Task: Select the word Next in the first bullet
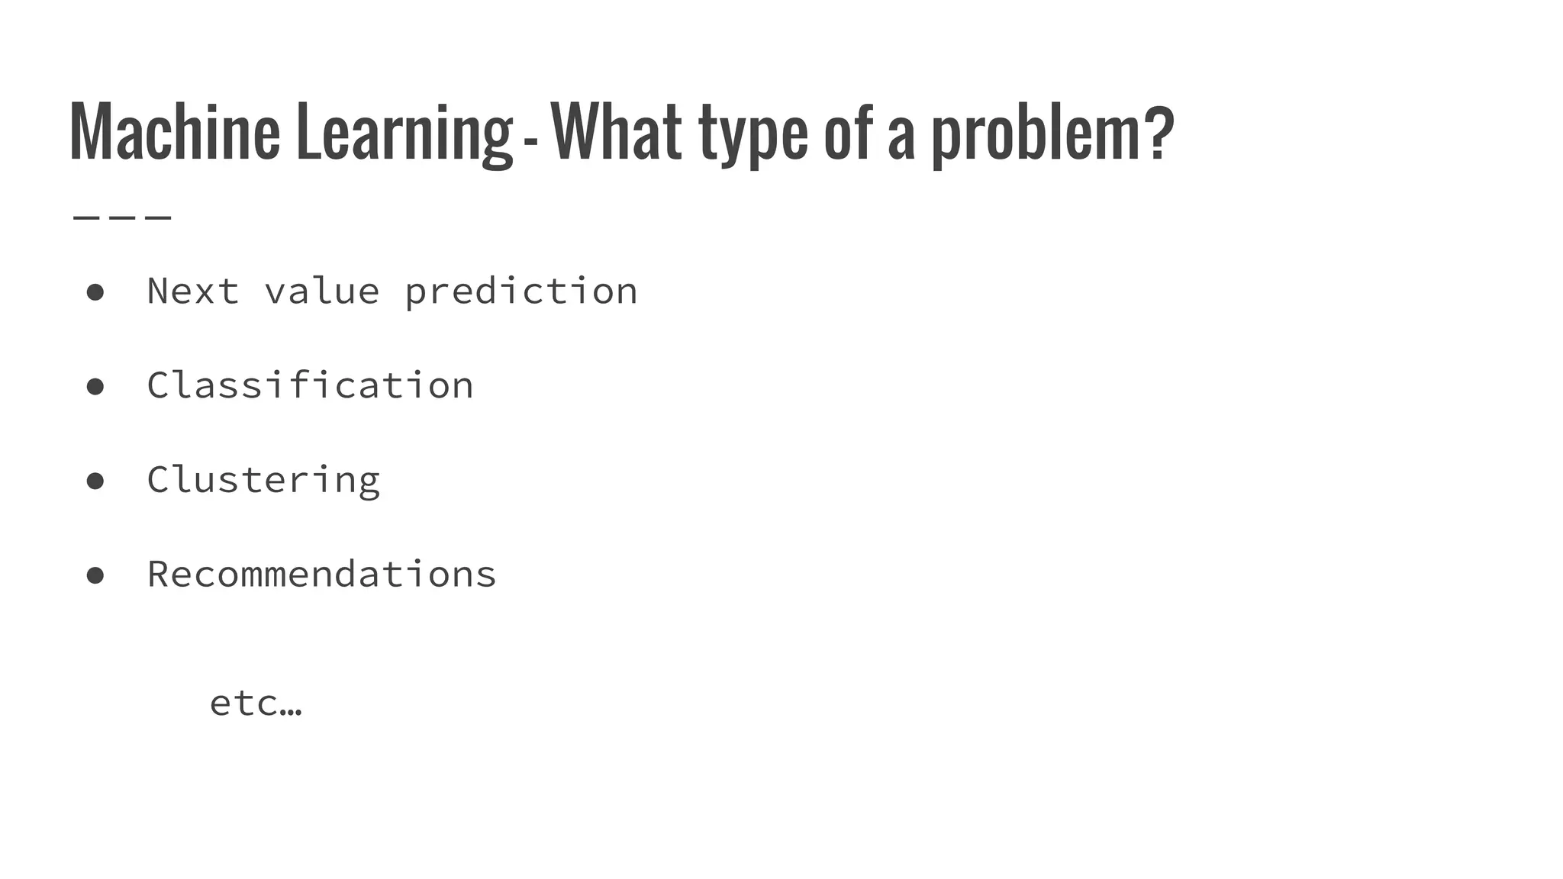(x=193, y=291)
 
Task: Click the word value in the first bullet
(x=321, y=291)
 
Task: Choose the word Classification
(x=310, y=385)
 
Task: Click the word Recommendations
(x=321, y=574)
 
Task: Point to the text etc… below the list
(x=256, y=703)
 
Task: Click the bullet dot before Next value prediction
(x=95, y=292)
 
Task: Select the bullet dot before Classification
(x=95, y=387)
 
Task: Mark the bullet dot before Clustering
(x=95, y=481)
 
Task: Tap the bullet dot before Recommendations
(x=95, y=575)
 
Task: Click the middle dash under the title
(x=122, y=217)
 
